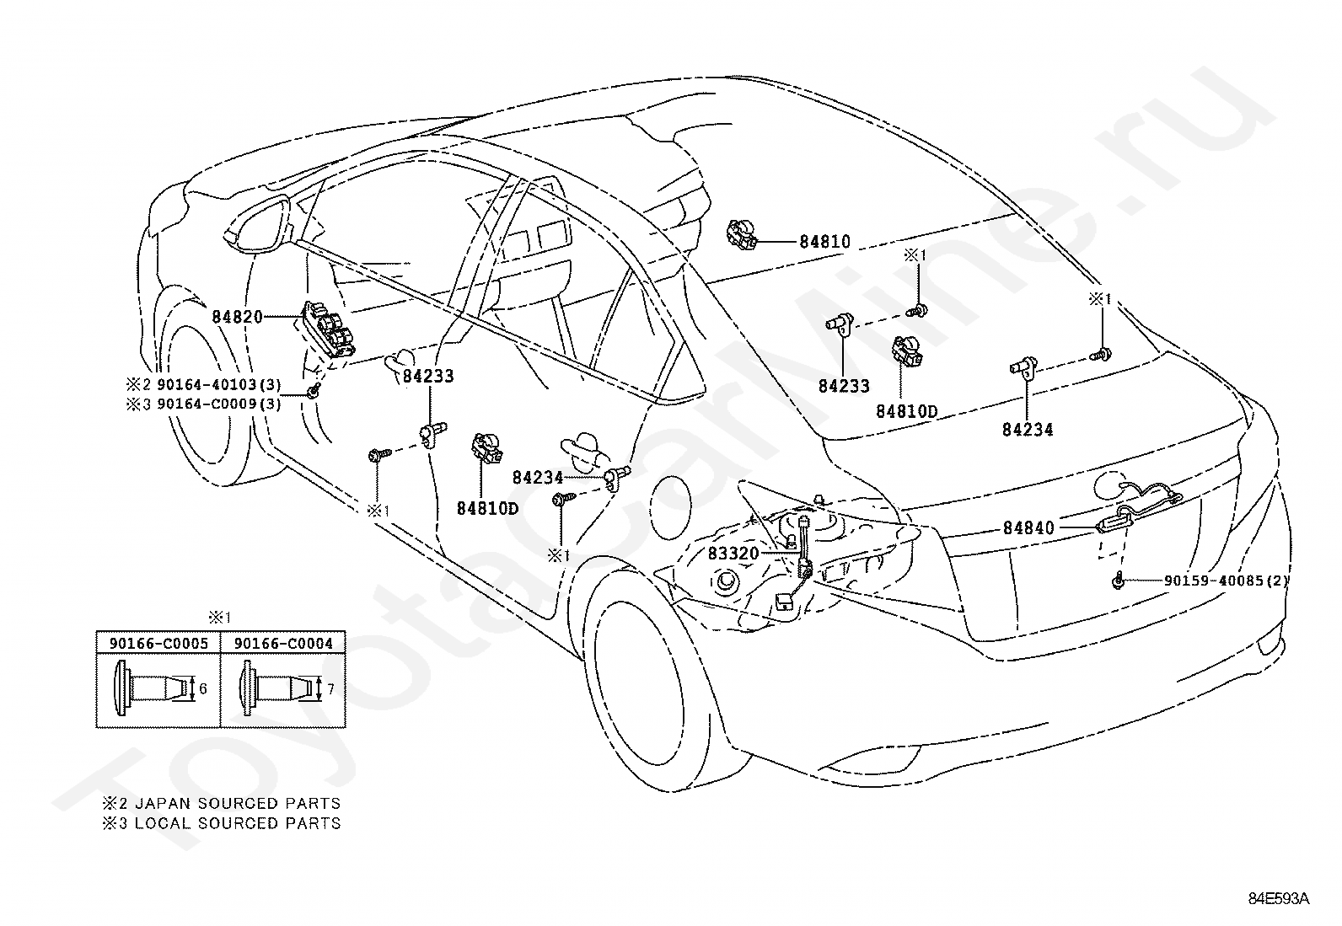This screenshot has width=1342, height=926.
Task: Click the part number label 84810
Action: [x=825, y=242]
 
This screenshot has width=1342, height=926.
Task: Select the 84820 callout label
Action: [x=237, y=317]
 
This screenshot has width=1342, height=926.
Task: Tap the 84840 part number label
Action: [x=1028, y=527]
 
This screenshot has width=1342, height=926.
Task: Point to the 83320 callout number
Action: [x=733, y=554]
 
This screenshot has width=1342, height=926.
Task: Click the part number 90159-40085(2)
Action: [x=1226, y=581]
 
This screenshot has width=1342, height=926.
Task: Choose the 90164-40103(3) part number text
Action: [x=218, y=384]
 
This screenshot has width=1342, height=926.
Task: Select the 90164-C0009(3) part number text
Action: [x=218, y=404]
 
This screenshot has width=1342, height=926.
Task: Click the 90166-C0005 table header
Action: [x=158, y=644]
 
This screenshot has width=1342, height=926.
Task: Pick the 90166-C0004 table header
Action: [x=283, y=644]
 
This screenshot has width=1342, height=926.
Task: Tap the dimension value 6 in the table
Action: [x=203, y=689]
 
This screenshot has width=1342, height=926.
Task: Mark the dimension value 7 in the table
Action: [x=330, y=689]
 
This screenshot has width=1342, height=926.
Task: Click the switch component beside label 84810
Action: [x=743, y=235]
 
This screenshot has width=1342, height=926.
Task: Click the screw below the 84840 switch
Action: [x=1118, y=580]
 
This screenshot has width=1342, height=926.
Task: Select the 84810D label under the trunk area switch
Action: [x=906, y=411]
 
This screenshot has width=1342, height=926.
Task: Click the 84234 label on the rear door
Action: [x=538, y=478]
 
